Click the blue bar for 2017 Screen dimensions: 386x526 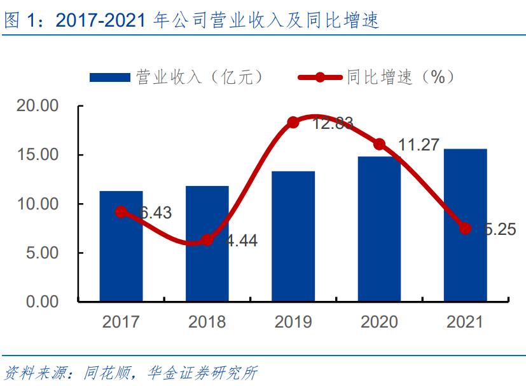pyautogui.click(x=121, y=254)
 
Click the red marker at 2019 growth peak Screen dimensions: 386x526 pyautogui.click(x=293, y=123)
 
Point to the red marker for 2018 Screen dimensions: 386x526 pyautogui.click(x=207, y=240)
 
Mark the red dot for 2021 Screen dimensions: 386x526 pyautogui.click(x=465, y=228)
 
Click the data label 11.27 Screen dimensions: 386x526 pyautogui.click(x=418, y=145)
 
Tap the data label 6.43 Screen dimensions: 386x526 pyautogui.click(x=155, y=213)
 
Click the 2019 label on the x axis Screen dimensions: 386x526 pyautogui.click(x=293, y=322)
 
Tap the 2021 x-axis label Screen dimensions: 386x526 pyautogui.click(x=465, y=322)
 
